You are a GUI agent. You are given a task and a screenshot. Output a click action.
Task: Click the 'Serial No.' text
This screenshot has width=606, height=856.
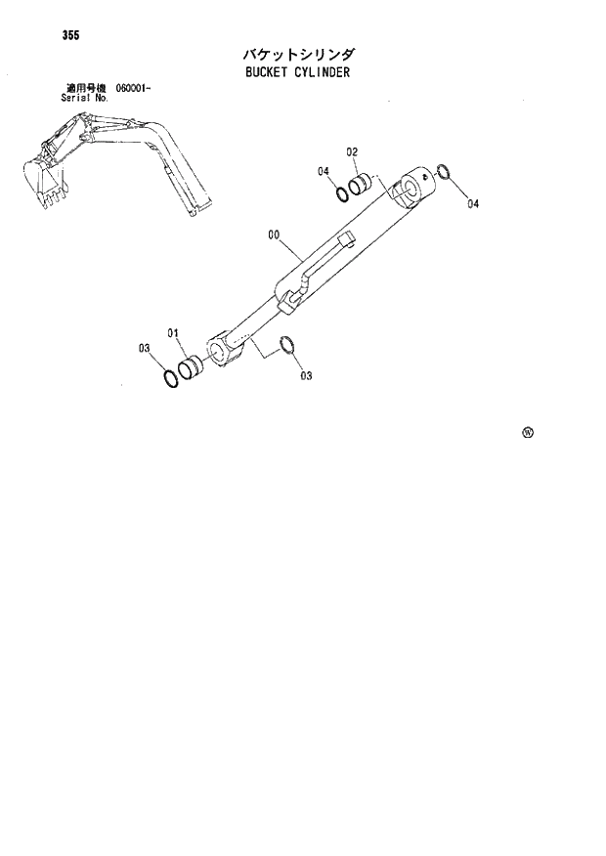click(x=82, y=98)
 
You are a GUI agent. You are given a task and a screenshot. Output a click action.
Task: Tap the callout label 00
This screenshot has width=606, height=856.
click(x=274, y=235)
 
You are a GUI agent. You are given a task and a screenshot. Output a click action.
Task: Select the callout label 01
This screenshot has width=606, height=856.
click(x=173, y=333)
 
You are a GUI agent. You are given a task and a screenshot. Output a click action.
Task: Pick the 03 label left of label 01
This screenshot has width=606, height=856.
click(x=144, y=348)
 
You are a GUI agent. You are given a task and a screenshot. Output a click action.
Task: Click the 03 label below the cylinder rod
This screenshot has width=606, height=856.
click(x=306, y=375)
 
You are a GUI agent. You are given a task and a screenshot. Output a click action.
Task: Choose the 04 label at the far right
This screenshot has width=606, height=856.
click(x=473, y=204)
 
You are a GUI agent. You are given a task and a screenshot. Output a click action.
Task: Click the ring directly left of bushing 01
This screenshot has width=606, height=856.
click(x=172, y=378)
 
